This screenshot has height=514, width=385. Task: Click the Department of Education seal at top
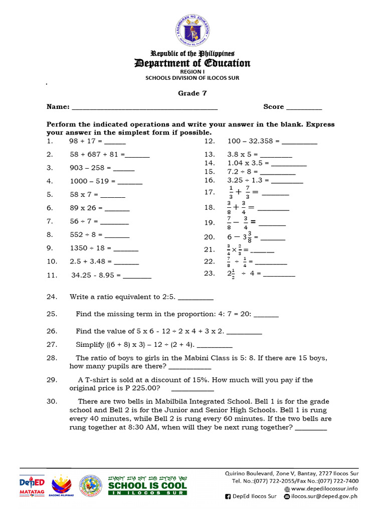(x=192, y=29)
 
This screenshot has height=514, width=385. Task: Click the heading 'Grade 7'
(x=192, y=93)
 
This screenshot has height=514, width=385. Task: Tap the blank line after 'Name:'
(x=145, y=107)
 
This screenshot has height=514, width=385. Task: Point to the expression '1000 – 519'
(x=92, y=181)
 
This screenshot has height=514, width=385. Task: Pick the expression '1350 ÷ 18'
(x=90, y=248)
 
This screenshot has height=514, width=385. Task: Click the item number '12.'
(x=210, y=142)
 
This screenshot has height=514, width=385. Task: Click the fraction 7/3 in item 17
(x=247, y=192)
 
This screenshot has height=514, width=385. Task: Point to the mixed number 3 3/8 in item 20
(x=247, y=236)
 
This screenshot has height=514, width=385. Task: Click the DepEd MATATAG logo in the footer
(x=32, y=485)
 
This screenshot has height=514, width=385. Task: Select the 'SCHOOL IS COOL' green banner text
(x=147, y=486)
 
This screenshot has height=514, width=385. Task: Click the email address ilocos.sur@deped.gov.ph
(x=329, y=496)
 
